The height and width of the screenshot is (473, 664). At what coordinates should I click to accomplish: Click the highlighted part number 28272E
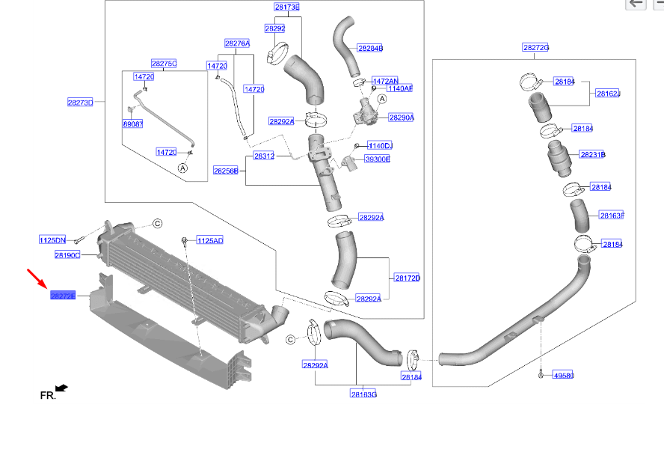point(63,296)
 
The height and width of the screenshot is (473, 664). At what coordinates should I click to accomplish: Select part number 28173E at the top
point(286,7)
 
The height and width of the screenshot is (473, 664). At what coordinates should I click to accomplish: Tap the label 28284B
point(370,48)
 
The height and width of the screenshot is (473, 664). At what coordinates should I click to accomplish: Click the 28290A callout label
point(401,118)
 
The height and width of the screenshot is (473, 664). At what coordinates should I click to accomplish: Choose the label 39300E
point(378,159)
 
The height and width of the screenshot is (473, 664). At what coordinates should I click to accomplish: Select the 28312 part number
point(263,156)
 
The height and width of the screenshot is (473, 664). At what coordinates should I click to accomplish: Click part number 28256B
point(225,171)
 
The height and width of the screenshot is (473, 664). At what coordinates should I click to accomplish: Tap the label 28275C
point(164,64)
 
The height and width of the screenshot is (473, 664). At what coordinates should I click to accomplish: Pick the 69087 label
point(133,124)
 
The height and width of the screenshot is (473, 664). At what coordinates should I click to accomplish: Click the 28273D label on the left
point(80,102)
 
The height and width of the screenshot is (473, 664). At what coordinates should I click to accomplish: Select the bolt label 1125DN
point(52,240)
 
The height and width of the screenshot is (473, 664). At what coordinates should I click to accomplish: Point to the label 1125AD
point(210,240)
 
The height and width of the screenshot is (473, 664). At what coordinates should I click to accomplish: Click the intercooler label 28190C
point(67,255)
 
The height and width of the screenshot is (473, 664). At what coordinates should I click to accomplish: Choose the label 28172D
point(408,278)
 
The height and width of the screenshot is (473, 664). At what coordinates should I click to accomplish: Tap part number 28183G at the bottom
point(363,394)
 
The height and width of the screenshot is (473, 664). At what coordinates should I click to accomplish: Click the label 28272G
point(535,48)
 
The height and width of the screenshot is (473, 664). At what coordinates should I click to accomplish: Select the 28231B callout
point(592,155)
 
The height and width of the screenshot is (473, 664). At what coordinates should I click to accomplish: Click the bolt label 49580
point(563,375)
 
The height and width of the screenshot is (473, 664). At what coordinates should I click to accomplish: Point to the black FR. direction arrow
point(61,388)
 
